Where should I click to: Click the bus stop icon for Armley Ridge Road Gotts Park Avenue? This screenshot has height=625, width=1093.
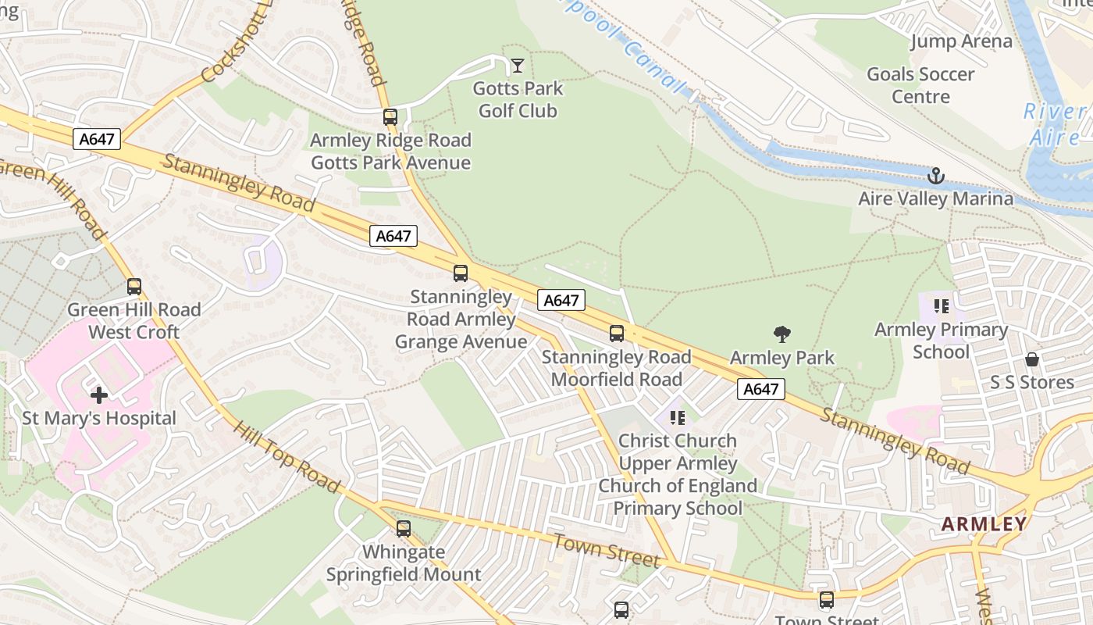pyautogui.click(x=390, y=117)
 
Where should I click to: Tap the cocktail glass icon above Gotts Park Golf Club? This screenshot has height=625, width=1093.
pyautogui.click(x=517, y=65)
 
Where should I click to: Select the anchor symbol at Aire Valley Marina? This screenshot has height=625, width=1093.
pyautogui.click(x=935, y=176)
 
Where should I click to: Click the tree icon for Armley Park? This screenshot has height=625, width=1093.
pyautogui.click(x=782, y=334)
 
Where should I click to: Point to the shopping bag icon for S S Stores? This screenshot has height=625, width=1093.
pyautogui.click(x=1032, y=359)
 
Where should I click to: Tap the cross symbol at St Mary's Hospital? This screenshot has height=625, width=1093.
pyautogui.click(x=99, y=395)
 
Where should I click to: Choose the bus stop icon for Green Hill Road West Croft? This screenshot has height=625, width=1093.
pyautogui.click(x=134, y=287)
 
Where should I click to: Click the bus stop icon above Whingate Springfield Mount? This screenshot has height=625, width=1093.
pyautogui.click(x=403, y=529)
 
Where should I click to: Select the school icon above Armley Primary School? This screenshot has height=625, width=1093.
pyautogui.click(x=941, y=306)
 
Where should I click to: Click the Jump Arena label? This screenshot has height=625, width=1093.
pyautogui.click(x=961, y=41)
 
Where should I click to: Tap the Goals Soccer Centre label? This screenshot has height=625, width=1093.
pyautogui.click(x=920, y=85)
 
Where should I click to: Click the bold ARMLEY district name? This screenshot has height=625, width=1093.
pyautogui.click(x=984, y=524)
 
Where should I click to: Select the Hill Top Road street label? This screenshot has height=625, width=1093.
pyautogui.click(x=287, y=458)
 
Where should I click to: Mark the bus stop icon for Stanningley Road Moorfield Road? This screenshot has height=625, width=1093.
pyautogui.click(x=617, y=334)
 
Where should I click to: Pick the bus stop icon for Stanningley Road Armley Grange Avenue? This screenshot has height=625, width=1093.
pyautogui.click(x=461, y=273)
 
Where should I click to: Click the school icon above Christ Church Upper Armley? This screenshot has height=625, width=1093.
pyautogui.click(x=677, y=418)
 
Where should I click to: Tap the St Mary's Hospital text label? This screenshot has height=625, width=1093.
pyautogui.click(x=99, y=418)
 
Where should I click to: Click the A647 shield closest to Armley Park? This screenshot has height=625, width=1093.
pyautogui.click(x=760, y=389)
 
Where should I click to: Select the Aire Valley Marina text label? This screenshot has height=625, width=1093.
pyautogui.click(x=935, y=198)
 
